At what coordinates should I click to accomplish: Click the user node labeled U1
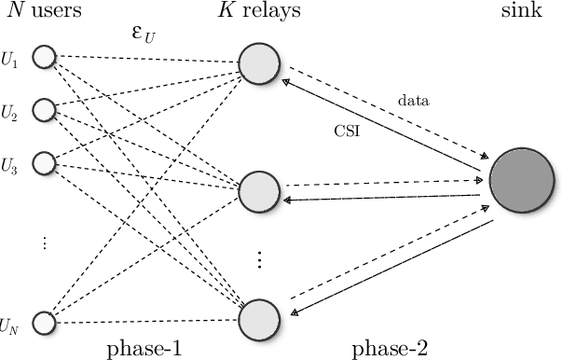pos(44,59)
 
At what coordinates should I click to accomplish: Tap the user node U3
pos(44,163)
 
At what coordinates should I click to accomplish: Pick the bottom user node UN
pos(44,323)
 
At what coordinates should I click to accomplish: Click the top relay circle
pos(260,64)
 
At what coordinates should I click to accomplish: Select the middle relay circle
pos(260,190)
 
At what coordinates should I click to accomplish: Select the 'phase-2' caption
pos(390,349)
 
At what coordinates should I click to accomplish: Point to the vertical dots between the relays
pos(260,258)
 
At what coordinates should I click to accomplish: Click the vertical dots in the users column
pos(44,242)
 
